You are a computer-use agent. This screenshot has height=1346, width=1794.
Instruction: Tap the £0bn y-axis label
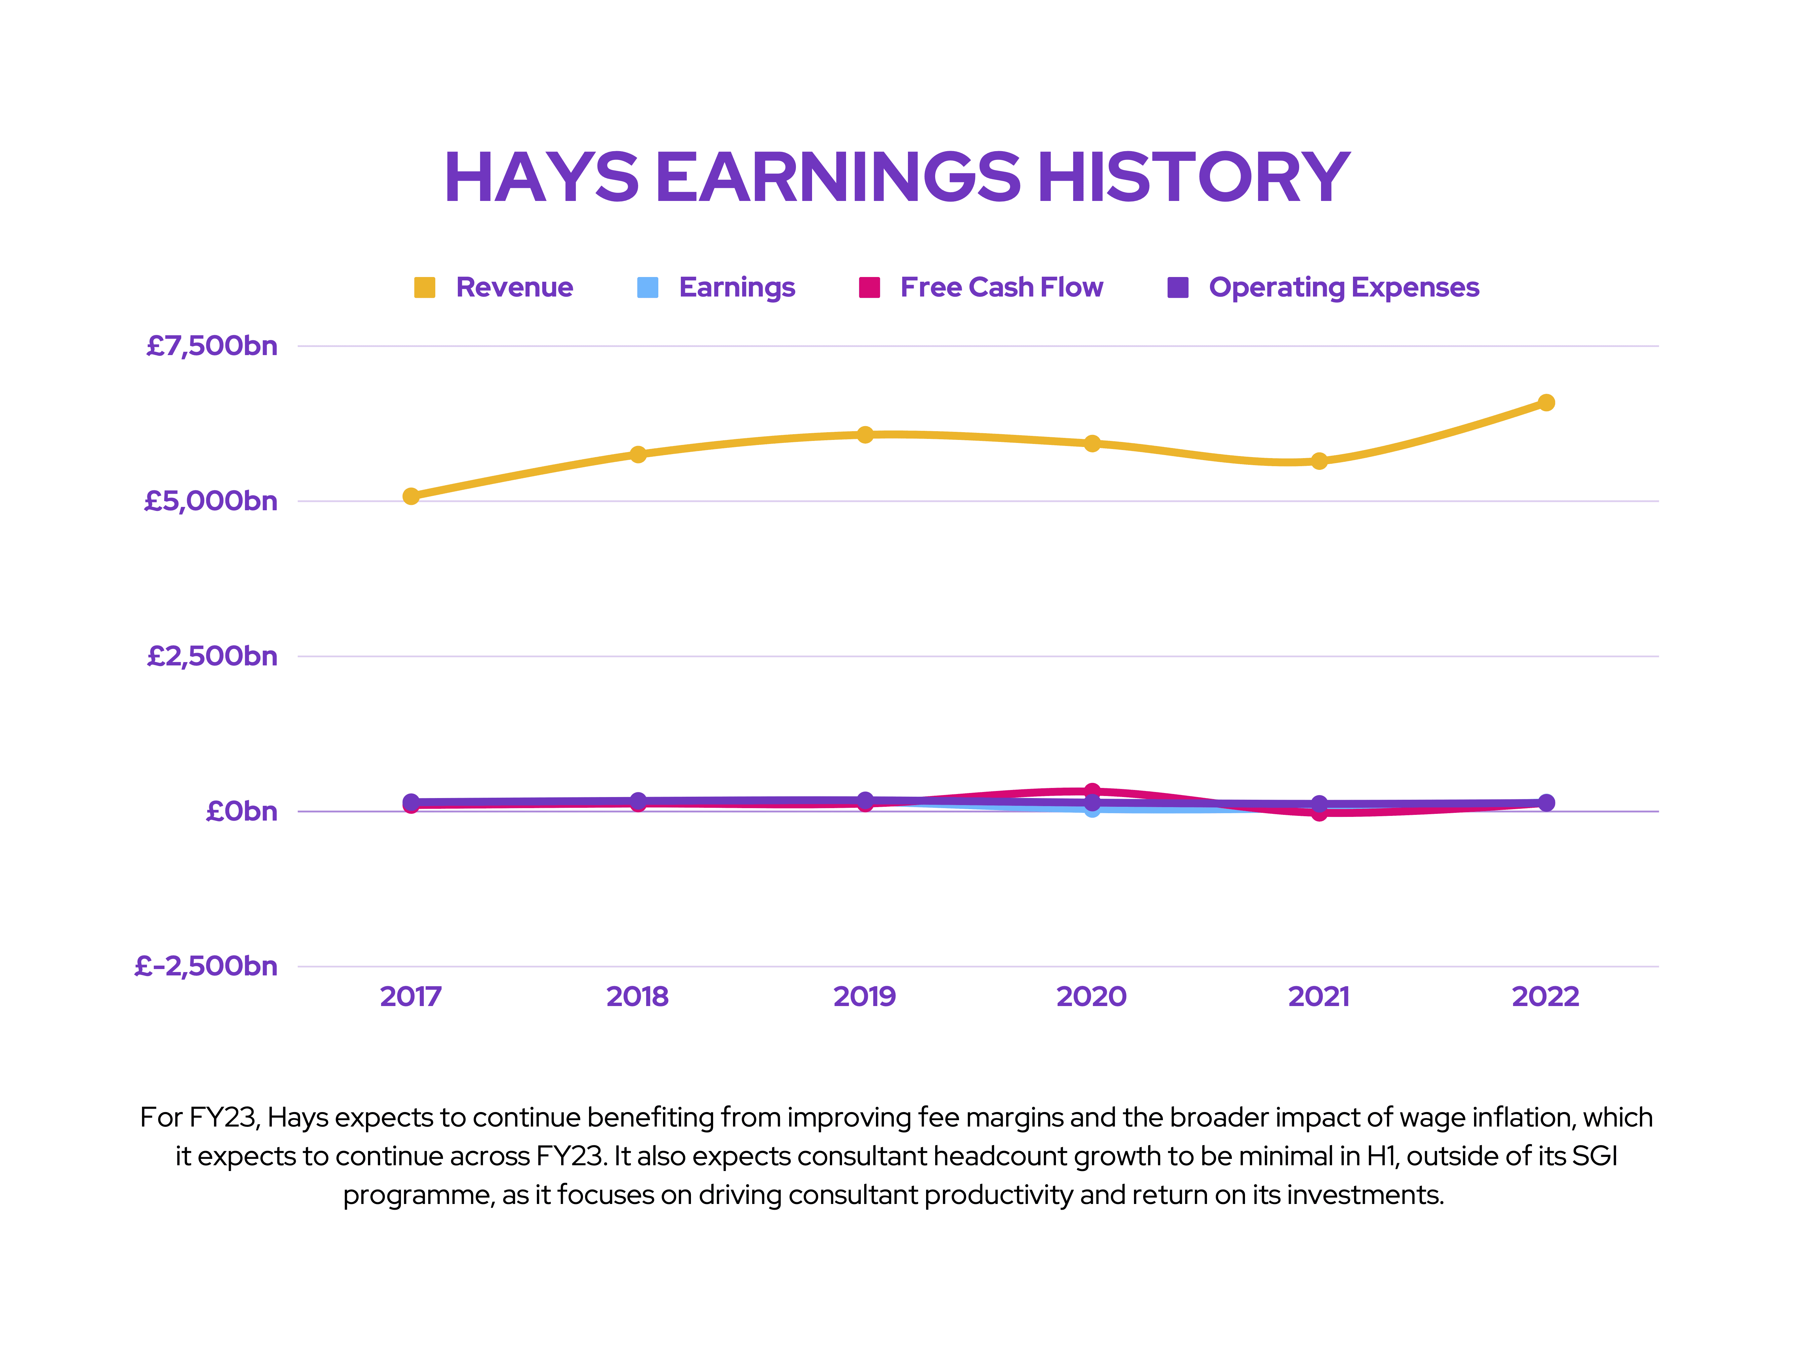click(x=242, y=811)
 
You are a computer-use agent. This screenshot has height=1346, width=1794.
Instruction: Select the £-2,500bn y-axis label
click(x=206, y=966)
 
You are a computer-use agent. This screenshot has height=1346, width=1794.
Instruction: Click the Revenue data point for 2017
click(x=411, y=496)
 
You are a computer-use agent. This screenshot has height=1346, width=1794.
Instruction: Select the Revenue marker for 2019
click(x=865, y=435)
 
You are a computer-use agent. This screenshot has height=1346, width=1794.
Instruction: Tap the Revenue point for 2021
click(x=1320, y=461)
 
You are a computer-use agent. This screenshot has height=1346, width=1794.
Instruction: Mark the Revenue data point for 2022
click(x=1547, y=403)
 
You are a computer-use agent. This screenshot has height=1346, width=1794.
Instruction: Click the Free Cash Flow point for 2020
click(x=1093, y=791)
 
